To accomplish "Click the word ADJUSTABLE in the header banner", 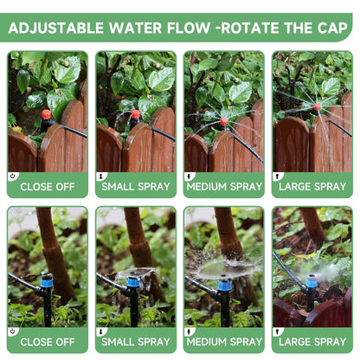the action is [56, 28].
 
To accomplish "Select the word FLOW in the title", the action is [189, 28].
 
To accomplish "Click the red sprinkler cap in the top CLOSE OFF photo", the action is [46, 114].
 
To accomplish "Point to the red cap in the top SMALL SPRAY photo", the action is [136, 114].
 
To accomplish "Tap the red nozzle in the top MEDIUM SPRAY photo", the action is [224, 121].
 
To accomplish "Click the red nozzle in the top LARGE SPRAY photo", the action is [317, 107].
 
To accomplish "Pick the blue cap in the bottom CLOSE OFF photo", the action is [47, 280].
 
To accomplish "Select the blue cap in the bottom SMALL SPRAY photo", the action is [133, 281].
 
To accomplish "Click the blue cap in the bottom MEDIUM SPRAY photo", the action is [225, 285].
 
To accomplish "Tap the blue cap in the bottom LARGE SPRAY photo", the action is [312, 280].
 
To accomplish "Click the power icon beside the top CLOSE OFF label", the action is [12, 176].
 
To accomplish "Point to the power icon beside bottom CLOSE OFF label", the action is [12, 331].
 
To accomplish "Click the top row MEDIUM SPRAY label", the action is [224, 187].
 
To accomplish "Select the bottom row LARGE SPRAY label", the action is [312, 342].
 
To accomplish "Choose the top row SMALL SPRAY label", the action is [136, 187].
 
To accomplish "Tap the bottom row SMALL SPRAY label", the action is [136, 342].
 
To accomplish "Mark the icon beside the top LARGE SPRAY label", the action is [278, 177].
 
